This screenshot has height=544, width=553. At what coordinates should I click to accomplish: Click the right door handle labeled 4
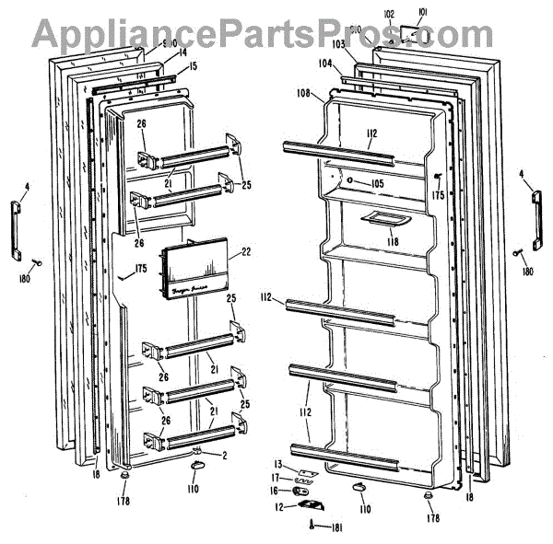tap(534, 214)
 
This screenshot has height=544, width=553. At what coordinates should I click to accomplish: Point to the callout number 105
tap(377, 183)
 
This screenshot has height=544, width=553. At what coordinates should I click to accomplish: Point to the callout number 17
tap(276, 477)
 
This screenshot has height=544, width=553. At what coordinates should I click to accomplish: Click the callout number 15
tap(193, 66)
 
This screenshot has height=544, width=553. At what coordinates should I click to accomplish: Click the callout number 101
tap(423, 13)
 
